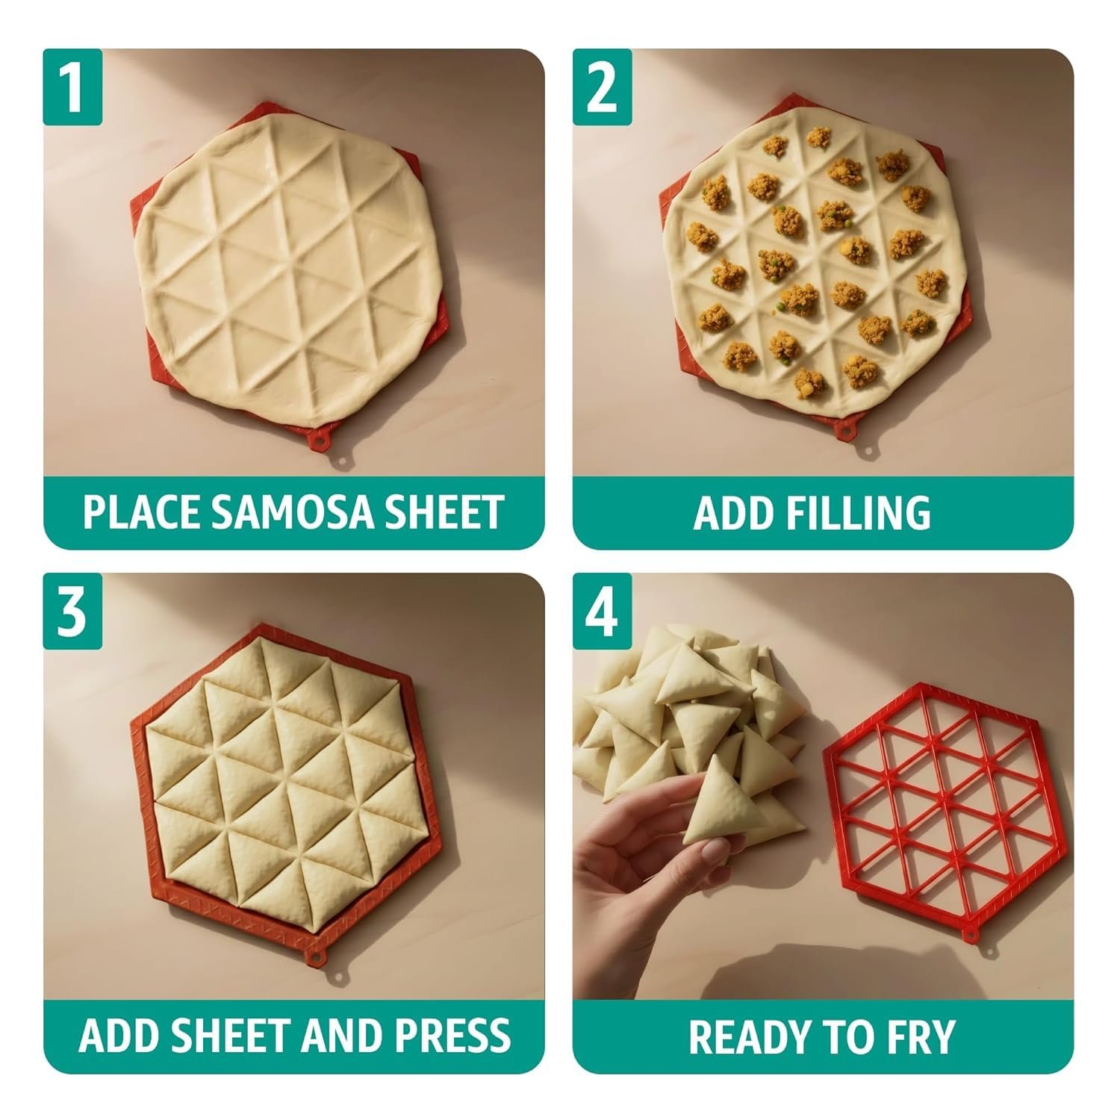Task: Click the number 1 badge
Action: point(72,87)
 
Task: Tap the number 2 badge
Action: point(603,87)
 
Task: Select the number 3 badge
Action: point(72,612)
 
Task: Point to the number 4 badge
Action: point(603,612)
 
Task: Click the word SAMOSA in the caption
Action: point(298,511)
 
